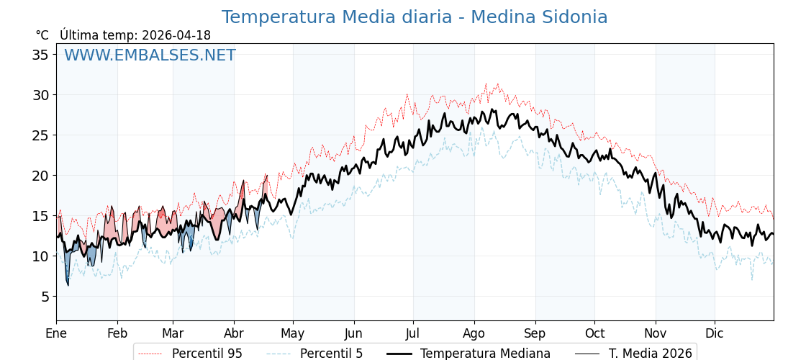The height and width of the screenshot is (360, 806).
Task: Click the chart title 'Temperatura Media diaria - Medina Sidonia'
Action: tap(415, 17)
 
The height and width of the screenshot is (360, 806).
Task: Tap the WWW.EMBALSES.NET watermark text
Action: tap(150, 55)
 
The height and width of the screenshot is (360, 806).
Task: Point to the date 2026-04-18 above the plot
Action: tap(176, 35)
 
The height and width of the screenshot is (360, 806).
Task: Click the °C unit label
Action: tap(42, 35)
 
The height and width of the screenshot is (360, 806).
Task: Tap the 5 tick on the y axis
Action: tap(45, 297)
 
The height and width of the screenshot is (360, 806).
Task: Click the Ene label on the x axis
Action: tap(56, 333)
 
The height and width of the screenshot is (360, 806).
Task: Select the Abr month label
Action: tap(234, 333)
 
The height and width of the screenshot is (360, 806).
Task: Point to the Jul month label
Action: tap(413, 333)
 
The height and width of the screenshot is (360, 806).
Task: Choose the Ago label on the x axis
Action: tap(474, 333)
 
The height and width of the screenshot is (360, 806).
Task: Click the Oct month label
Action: tap(594, 333)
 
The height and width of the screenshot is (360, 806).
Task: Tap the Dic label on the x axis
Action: tap(715, 333)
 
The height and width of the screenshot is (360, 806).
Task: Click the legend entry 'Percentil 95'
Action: tap(207, 354)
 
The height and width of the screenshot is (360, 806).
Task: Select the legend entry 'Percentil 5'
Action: tap(331, 354)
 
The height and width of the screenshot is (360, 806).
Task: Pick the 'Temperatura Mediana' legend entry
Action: tap(485, 354)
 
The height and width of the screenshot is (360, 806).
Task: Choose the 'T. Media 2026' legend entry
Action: tap(651, 354)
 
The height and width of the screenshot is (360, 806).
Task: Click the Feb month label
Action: tap(117, 333)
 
